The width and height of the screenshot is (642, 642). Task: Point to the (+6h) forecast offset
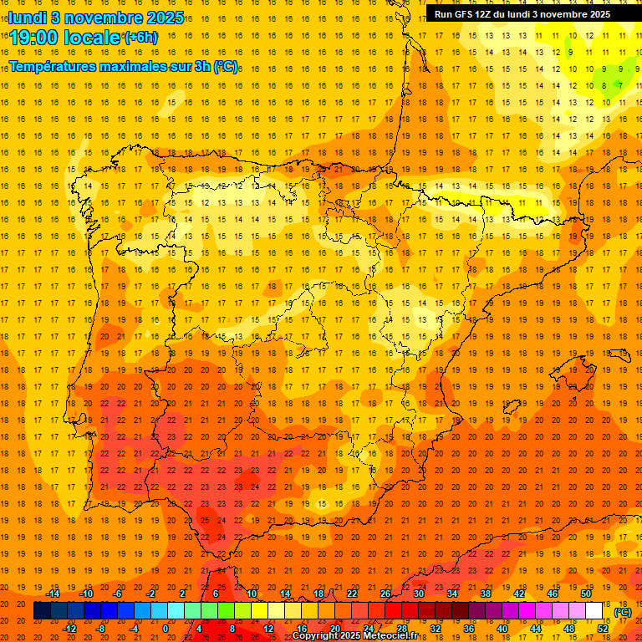(x=140, y=37)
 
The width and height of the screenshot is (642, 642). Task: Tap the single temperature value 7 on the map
(x=619, y=85)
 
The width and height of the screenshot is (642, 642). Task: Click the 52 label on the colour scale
(x=603, y=629)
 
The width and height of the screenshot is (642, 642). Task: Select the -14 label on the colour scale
(x=53, y=594)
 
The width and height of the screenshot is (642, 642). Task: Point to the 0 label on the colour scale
(x=166, y=629)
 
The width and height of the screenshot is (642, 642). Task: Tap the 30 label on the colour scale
(x=418, y=594)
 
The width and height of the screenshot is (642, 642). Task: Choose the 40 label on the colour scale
(x=502, y=629)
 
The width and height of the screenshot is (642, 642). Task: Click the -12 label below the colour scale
(x=69, y=629)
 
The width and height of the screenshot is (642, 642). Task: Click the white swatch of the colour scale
(x=594, y=611)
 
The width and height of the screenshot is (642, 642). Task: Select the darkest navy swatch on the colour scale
(x=42, y=611)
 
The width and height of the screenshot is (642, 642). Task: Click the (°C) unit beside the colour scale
(x=623, y=612)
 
